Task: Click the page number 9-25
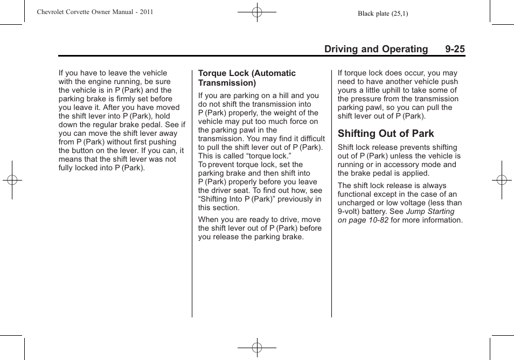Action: click(455, 49)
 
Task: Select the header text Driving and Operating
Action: click(376, 49)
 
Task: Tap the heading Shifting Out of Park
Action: click(385, 134)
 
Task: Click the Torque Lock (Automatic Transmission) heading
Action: click(247, 78)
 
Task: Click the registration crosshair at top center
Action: click(257, 11)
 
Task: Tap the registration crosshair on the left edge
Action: click(11, 180)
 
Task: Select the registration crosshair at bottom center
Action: click(257, 348)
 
